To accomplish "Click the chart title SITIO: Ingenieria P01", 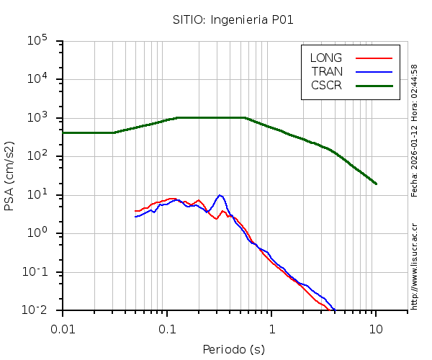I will pyautogui.click(x=233, y=19).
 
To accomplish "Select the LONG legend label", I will pyautogui.click(x=326, y=58).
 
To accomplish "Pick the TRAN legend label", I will pyautogui.click(x=327, y=71).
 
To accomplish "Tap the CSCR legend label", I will pyautogui.click(x=326, y=85).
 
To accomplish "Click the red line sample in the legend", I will pyautogui.click(x=374, y=58).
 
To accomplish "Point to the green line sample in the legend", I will pyautogui.click(x=374, y=85).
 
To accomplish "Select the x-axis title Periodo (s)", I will pyautogui.click(x=233, y=349).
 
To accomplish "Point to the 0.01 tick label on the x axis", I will pyautogui.click(x=63, y=328).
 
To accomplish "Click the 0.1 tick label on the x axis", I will pyautogui.click(x=167, y=328).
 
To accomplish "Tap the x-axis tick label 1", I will pyautogui.click(x=271, y=328).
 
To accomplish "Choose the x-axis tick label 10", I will pyautogui.click(x=376, y=328).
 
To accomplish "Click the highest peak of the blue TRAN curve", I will pyautogui.click(x=220, y=195).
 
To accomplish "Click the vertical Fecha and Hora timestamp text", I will pyautogui.click(x=415, y=130).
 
